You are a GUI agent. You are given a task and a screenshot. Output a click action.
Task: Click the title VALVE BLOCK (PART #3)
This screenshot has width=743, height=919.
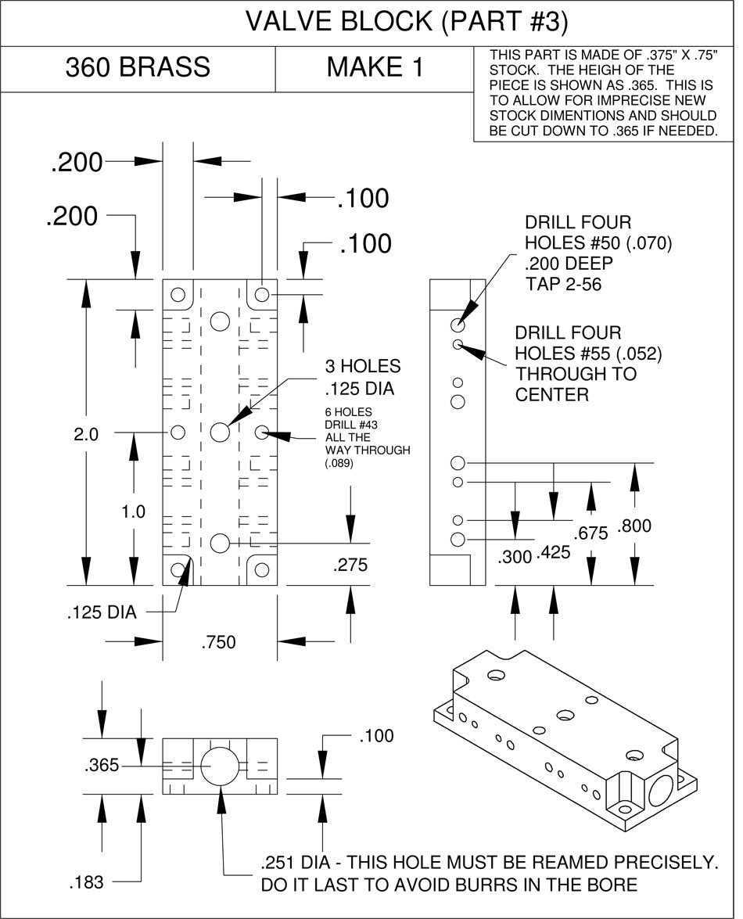pos(406,23)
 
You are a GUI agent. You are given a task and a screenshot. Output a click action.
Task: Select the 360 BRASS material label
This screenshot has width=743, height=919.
pos(138,68)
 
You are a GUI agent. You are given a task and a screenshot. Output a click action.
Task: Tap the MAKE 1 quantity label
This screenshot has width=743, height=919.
pos(375,68)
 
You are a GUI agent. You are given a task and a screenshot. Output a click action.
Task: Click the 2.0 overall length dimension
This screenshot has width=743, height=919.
pos(86,435)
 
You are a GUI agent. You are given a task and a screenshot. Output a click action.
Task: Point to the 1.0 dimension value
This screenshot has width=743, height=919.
pos(133,512)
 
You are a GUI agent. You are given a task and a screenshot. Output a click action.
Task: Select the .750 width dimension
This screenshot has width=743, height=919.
pos(218,643)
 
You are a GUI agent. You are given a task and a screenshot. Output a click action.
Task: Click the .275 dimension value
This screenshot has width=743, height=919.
pos(350,565)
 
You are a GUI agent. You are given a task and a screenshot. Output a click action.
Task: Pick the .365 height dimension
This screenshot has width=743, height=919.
pos(101,766)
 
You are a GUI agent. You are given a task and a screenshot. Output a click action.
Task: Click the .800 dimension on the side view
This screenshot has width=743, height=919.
pos(634,526)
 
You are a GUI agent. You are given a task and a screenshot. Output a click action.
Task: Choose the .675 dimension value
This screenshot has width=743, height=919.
pos(591,534)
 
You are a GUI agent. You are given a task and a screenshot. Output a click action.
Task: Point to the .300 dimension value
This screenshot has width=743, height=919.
pos(515,557)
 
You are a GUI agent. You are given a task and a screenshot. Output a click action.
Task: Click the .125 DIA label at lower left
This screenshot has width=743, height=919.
pos(101,612)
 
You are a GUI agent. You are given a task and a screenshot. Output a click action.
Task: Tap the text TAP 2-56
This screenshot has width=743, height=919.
pos(564,285)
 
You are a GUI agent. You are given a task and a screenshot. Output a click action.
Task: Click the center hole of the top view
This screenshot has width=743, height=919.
pos(220,432)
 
